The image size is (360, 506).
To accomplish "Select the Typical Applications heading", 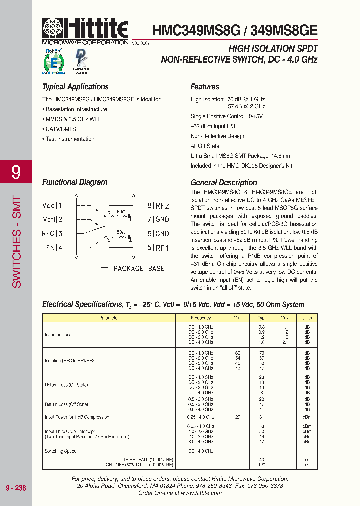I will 75,87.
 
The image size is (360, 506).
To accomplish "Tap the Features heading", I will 205,87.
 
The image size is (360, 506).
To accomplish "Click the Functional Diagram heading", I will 75,182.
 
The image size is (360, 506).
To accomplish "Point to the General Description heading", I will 224,182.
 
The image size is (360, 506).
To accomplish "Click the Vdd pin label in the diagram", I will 49,205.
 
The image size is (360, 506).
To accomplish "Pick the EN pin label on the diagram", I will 50,247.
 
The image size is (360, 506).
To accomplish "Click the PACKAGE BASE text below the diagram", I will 139,268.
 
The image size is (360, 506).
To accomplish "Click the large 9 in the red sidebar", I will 16,173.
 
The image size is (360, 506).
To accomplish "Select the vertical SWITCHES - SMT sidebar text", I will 16,241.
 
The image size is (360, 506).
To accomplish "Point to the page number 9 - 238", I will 16,488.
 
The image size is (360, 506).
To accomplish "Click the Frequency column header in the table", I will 201,318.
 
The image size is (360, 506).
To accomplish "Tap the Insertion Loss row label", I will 58,335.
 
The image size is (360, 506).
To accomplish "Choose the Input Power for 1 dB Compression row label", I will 77,417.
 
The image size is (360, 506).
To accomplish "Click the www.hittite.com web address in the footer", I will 201,493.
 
